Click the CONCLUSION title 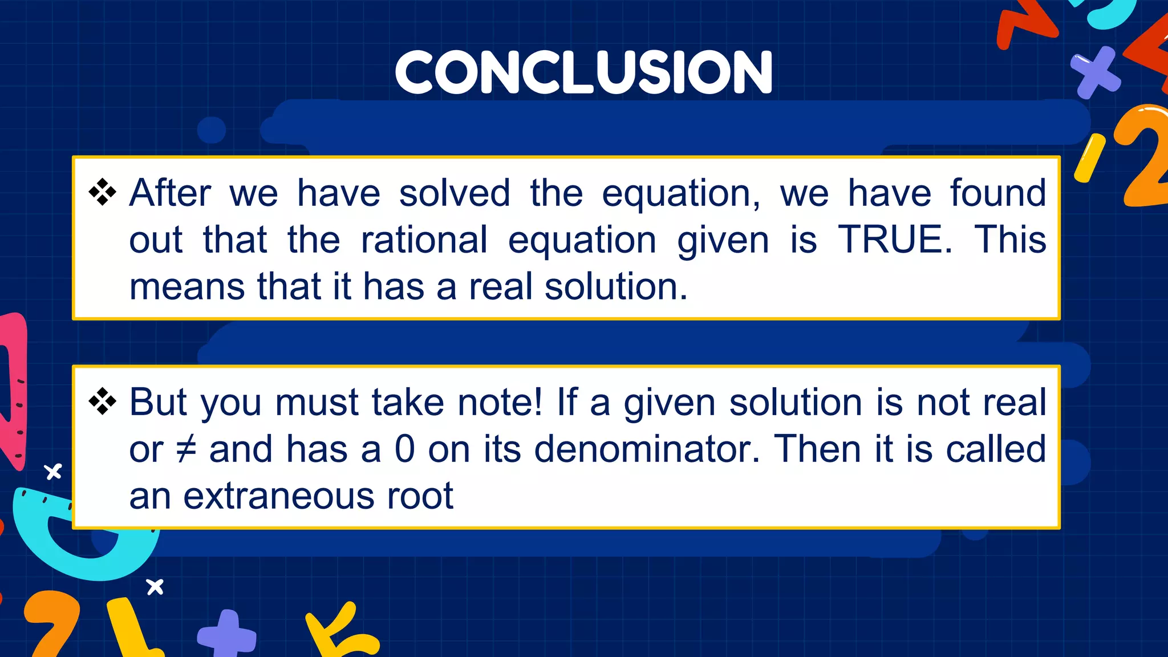pos(583,72)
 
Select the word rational pos(424,240)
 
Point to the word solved pos(455,193)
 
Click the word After pos(170,193)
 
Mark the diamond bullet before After pos(103,192)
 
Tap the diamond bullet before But pos(103,401)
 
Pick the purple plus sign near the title pos(1094,72)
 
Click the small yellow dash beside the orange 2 pos(1089,158)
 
